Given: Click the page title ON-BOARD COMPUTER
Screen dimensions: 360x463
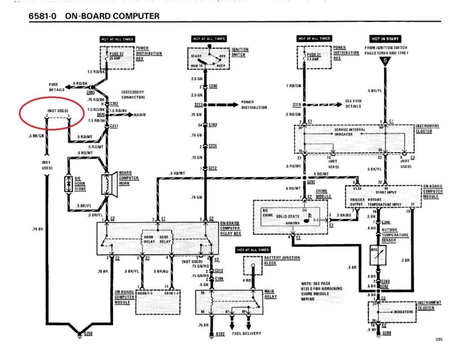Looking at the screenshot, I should click(112, 16).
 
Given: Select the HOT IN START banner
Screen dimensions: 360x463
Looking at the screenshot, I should click(385, 38).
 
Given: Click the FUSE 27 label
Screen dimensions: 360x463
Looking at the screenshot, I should click(117, 54).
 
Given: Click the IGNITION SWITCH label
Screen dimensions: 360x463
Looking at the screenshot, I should click(240, 52).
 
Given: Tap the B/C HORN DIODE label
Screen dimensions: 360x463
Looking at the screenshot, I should click(80, 184).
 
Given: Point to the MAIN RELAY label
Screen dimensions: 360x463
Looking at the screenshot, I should click(269, 294).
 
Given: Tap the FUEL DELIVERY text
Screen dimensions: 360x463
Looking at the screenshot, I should click(246, 333).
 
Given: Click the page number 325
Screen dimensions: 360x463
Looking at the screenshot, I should click(439, 340).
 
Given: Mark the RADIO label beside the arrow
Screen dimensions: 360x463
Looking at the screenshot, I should click(140, 114).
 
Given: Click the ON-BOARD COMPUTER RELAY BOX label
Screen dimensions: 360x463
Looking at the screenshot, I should click(230, 228).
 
